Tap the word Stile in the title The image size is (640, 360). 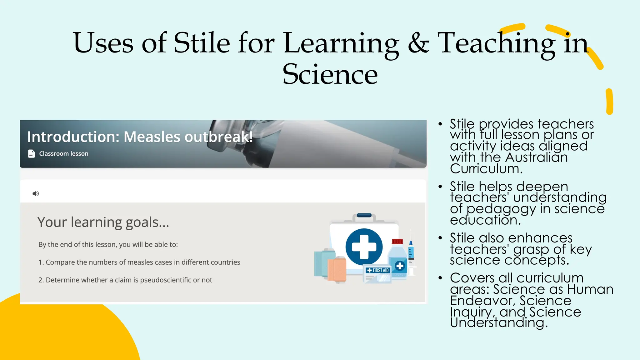(x=202, y=43)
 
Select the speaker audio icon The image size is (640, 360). (x=36, y=193)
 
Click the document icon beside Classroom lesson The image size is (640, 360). (x=31, y=154)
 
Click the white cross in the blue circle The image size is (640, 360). (x=364, y=247)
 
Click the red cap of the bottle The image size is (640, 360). (x=397, y=241)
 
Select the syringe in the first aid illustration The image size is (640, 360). (x=411, y=253)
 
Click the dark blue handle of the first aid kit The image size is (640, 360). (x=364, y=215)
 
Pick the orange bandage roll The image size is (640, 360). (x=337, y=269)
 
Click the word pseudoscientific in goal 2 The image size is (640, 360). (x=165, y=280)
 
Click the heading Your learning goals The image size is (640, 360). (x=103, y=222)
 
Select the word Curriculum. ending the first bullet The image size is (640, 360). (x=486, y=169)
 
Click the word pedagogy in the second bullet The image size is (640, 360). (x=502, y=209)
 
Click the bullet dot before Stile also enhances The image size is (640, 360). (x=440, y=238)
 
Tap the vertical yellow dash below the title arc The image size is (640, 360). (x=609, y=102)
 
